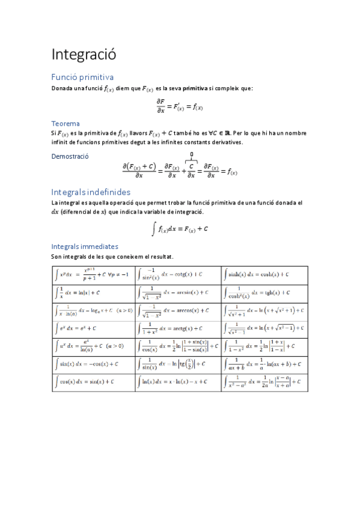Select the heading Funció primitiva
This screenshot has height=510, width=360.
[x=82, y=77]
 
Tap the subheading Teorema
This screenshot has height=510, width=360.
[x=66, y=123]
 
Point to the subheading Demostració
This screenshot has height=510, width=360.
[x=70, y=156]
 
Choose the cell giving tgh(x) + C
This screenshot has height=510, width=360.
[x=264, y=293]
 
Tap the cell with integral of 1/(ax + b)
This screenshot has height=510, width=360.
[x=264, y=364]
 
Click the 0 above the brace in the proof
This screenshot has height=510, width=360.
[x=191, y=155]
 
